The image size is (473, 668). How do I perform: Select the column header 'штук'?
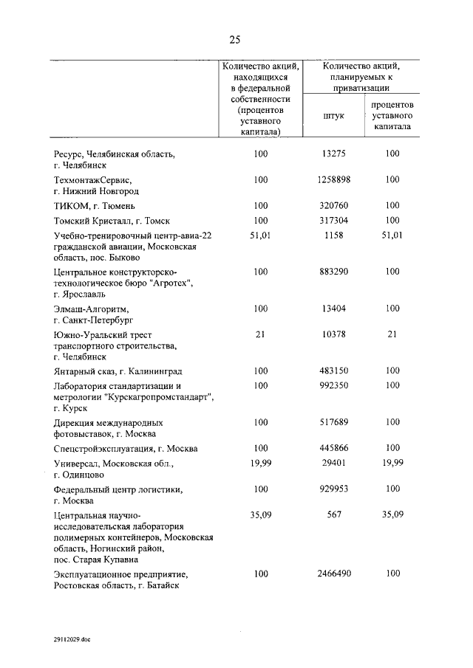click(334, 116)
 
